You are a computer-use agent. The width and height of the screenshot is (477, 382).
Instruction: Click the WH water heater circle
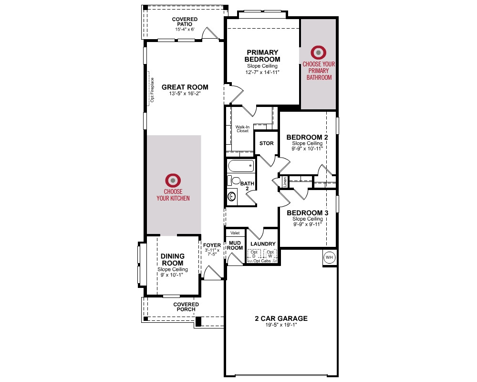click(329, 257)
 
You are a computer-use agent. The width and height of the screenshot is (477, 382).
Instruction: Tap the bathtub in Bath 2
click(241, 166)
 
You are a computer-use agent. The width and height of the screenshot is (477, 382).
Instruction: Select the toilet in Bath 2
click(234, 180)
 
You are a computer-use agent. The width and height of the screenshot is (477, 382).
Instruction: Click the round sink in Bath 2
click(232, 196)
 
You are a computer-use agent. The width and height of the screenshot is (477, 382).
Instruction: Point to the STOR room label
click(267, 143)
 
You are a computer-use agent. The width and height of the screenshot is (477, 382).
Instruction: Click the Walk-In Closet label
click(242, 129)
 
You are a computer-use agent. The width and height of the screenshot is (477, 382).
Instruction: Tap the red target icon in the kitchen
click(173, 180)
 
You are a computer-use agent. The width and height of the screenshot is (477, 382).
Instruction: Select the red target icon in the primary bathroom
click(319, 53)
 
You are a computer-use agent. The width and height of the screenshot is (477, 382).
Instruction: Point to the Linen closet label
click(285, 182)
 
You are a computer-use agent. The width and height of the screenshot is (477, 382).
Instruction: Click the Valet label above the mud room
click(235, 233)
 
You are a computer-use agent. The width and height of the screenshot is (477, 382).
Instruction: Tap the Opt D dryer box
click(254, 254)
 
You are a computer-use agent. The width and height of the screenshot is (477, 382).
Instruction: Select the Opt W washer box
click(270, 254)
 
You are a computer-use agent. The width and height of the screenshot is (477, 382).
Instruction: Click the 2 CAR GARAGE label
click(281, 318)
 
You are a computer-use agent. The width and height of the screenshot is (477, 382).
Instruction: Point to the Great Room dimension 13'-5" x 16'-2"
click(185, 93)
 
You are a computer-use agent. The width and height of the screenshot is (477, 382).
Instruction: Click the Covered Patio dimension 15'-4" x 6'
click(185, 30)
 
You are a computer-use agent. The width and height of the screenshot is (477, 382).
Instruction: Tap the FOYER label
click(212, 245)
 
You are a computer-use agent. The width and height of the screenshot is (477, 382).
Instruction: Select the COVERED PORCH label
click(186, 307)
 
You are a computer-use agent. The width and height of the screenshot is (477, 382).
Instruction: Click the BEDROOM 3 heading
click(308, 212)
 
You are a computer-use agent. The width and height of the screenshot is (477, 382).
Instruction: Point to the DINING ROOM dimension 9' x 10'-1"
click(172, 275)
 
